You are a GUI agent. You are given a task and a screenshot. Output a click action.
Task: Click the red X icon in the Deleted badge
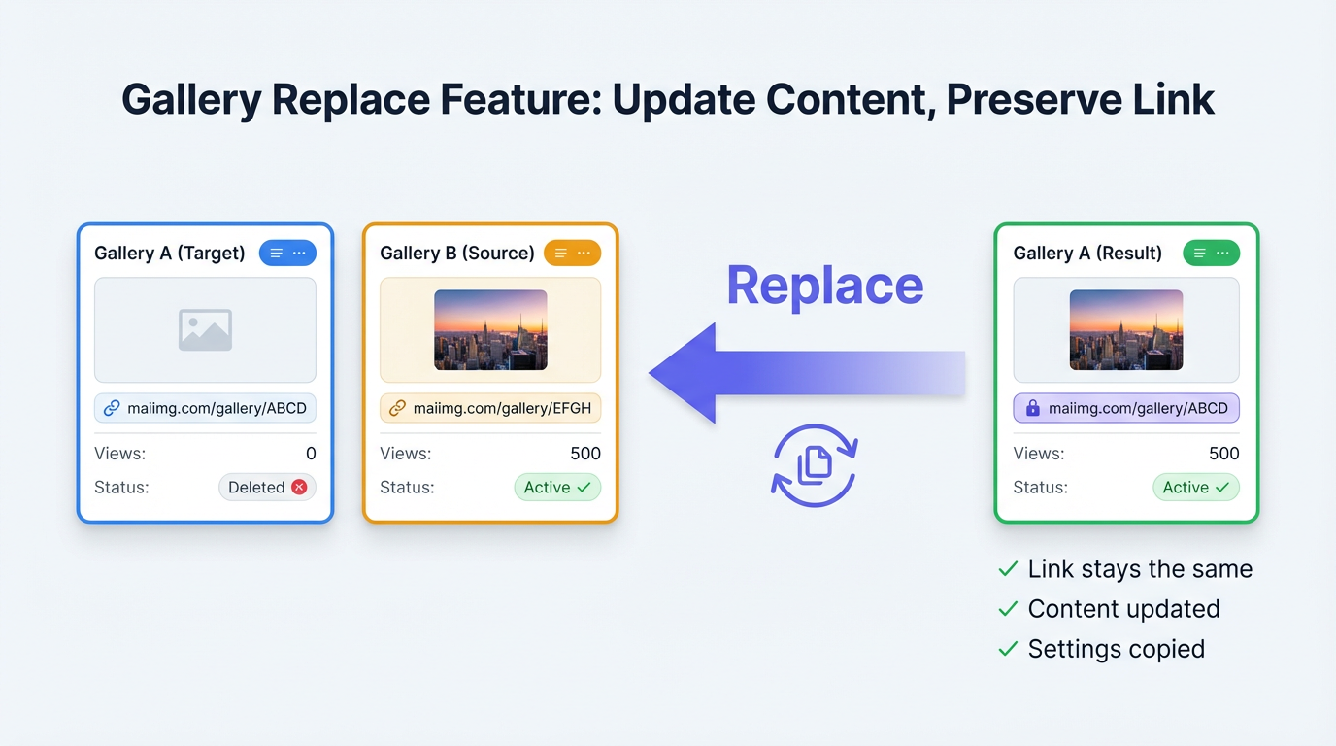tap(299, 488)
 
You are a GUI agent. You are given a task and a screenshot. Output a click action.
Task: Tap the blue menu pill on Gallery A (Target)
tap(287, 254)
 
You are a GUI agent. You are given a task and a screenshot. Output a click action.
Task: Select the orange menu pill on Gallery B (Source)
tap(572, 254)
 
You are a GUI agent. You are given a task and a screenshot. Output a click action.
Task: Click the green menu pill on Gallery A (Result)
tap(1211, 254)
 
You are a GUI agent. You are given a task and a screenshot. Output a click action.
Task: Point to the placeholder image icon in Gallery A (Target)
tap(205, 330)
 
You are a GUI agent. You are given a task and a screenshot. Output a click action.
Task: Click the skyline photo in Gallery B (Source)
tap(490, 330)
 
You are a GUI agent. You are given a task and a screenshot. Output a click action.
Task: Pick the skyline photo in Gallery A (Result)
tap(1125, 330)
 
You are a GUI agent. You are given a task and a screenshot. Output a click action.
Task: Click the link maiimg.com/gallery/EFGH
tap(501, 408)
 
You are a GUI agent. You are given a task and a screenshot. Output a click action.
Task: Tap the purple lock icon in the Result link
tap(1032, 409)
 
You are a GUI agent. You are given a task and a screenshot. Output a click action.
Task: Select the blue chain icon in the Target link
tap(112, 409)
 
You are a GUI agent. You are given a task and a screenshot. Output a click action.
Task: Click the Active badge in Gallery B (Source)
tap(557, 488)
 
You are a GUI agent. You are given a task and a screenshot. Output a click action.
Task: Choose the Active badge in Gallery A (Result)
tap(1195, 488)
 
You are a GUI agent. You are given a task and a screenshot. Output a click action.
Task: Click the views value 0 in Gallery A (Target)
tap(311, 454)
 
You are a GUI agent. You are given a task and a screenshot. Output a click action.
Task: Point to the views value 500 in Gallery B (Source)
tap(585, 454)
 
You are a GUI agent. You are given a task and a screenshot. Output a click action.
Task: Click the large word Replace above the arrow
tap(824, 286)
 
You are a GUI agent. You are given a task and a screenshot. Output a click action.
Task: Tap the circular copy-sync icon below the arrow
tap(814, 465)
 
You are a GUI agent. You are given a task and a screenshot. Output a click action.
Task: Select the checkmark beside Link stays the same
tap(1008, 569)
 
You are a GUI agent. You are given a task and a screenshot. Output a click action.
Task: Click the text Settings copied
tap(1116, 649)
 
